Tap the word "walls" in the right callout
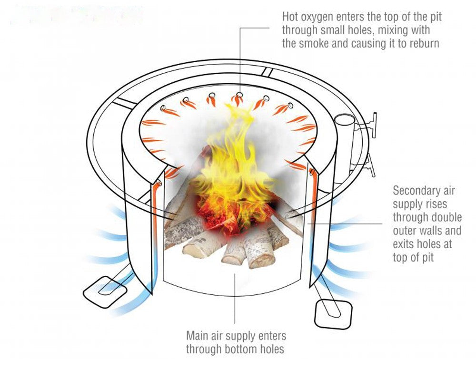click(x=427, y=231)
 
